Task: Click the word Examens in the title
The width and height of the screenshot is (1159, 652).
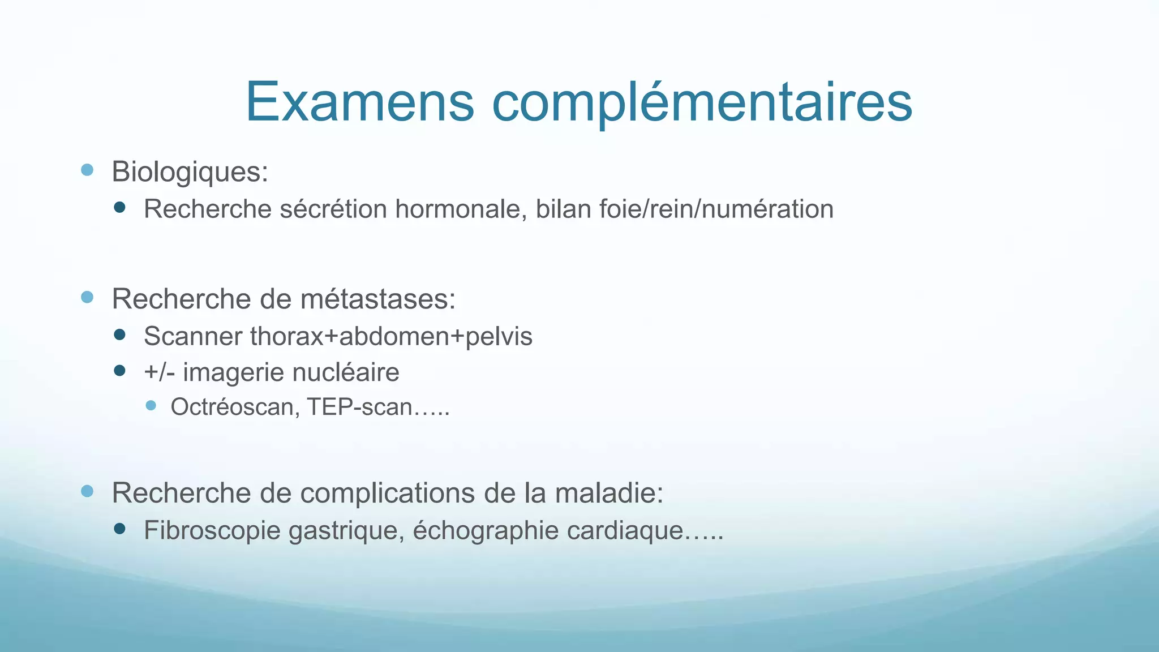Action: [360, 102]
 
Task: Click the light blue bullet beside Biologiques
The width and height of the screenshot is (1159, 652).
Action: [87, 170]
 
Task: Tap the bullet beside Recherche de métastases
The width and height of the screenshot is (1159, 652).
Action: [87, 297]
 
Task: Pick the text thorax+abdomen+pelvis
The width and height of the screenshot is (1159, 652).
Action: [391, 337]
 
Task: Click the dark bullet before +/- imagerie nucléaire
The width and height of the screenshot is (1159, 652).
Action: [119, 371]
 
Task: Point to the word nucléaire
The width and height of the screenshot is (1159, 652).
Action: [346, 372]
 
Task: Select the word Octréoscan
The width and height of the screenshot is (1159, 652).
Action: [232, 407]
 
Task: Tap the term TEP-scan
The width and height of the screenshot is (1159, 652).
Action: [360, 407]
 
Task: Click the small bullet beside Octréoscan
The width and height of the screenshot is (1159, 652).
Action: [151, 405]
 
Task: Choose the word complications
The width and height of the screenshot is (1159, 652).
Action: [387, 493]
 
